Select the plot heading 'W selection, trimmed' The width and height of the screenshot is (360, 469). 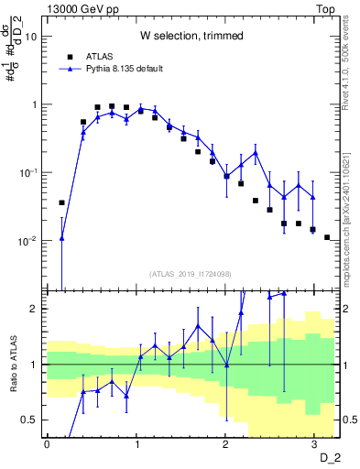pyautogui.click(x=191, y=36)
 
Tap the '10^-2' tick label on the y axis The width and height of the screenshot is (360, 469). pyautogui.click(x=29, y=241)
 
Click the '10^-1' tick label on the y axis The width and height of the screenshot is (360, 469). pyautogui.click(x=29, y=172)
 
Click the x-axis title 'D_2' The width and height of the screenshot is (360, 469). pyautogui.click(x=330, y=457)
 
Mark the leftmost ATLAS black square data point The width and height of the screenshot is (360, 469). pyautogui.click(x=62, y=202)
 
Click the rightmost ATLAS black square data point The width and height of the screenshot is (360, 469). pyautogui.click(x=327, y=237)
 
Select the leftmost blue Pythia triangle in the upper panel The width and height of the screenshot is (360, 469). pyautogui.click(x=62, y=237)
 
